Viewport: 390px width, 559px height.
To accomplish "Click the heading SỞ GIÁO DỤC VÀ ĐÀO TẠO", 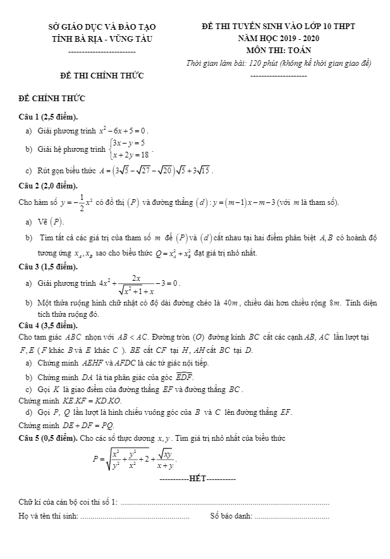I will pyautogui.click(x=102, y=27).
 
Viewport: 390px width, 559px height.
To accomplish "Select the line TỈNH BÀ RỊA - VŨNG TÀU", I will pyautogui.click(x=102, y=39).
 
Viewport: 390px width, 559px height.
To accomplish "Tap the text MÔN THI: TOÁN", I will pyautogui.click(x=278, y=50).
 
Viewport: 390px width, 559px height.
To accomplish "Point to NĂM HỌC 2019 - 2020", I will pyautogui.click(x=278, y=38).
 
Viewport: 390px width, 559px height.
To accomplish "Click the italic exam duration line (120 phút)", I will pyautogui.click(x=279, y=63).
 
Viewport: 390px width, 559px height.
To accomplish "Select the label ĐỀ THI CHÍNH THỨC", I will pyautogui.click(x=102, y=76).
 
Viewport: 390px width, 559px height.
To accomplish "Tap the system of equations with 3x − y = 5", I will pyautogui.click(x=129, y=150).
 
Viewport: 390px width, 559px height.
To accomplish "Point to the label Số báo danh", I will pyautogui.click(x=231, y=517).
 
